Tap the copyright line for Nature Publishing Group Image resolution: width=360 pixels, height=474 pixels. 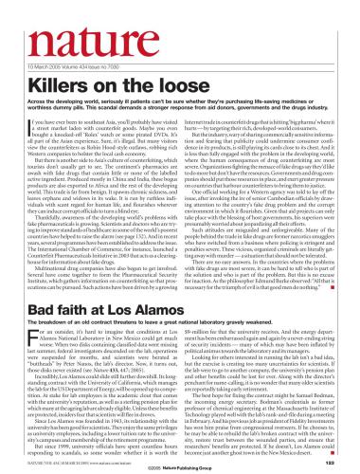tap(180, 465)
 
